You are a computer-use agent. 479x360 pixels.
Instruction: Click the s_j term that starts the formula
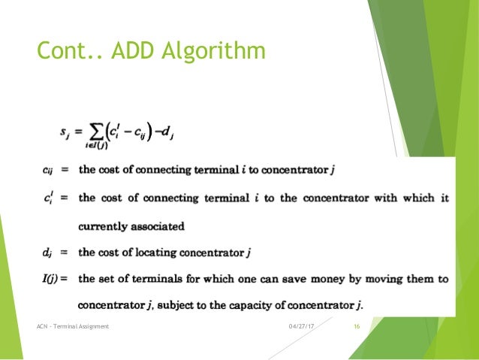click(x=65, y=133)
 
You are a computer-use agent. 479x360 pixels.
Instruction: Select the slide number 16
click(x=357, y=325)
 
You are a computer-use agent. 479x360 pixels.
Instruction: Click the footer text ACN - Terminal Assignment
click(x=73, y=325)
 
